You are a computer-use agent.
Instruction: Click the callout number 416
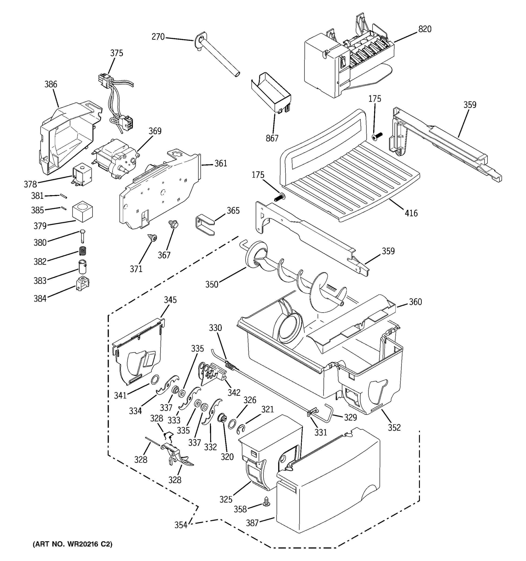point(411,213)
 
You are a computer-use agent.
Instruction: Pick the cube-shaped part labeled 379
point(82,212)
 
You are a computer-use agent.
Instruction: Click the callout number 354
point(181,525)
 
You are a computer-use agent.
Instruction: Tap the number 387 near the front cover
point(252,523)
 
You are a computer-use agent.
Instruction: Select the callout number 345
point(170,300)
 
